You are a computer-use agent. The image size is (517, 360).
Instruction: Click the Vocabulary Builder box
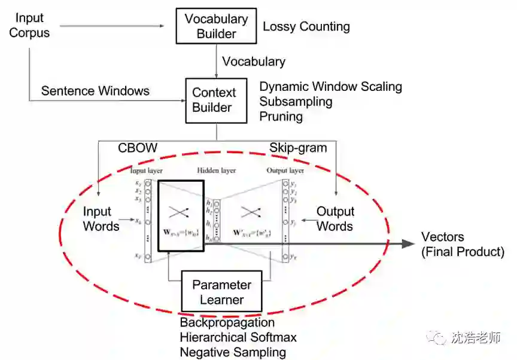click(216, 26)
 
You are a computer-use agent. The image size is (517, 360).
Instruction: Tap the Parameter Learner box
click(221, 292)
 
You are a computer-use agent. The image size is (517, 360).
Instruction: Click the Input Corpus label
click(29, 26)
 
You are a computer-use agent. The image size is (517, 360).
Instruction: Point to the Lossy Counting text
click(306, 26)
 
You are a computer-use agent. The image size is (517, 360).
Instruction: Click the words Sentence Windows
click(95, 91)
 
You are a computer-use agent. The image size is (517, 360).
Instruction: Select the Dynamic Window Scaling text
click(330, 87)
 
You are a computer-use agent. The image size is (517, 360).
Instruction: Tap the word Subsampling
click(296, 101)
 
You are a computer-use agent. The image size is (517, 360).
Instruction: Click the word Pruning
click(281, 116)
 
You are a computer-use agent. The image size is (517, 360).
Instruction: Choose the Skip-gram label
click(298, 147)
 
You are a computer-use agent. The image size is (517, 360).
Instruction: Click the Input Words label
click(101, 219)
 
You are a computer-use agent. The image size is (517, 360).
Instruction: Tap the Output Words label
click(335, 219)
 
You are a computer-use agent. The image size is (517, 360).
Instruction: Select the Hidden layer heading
click(217, 170)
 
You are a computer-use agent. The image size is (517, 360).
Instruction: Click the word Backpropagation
click(227, 323)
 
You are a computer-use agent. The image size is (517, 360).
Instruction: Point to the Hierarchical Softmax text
click(238, 337)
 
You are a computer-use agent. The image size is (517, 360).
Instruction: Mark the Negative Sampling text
click(233, 352)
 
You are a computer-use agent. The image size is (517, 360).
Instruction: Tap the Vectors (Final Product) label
click(463, 244)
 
